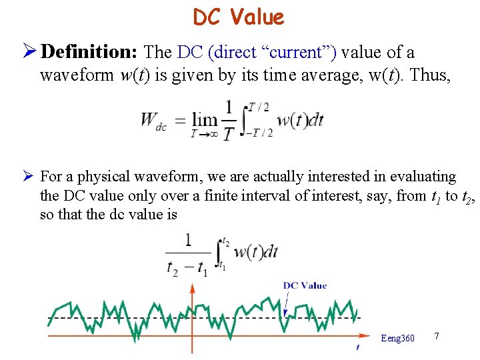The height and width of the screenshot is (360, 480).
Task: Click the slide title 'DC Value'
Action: (239, 17)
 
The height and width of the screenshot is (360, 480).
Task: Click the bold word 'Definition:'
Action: (92, 52)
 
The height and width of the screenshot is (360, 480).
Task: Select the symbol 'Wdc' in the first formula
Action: (153, 120)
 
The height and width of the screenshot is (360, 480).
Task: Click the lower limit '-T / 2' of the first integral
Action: (259, 133)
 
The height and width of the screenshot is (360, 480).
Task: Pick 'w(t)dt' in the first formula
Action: (300, 120)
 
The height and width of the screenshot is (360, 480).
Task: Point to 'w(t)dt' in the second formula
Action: (255, 252)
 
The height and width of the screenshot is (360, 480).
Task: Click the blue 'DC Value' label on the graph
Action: (305, 285)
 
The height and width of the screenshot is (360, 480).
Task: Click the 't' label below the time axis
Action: (358, 347)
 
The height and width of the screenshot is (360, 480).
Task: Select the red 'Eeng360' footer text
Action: (397, 338)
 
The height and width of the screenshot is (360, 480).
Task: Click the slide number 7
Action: (436, 335)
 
